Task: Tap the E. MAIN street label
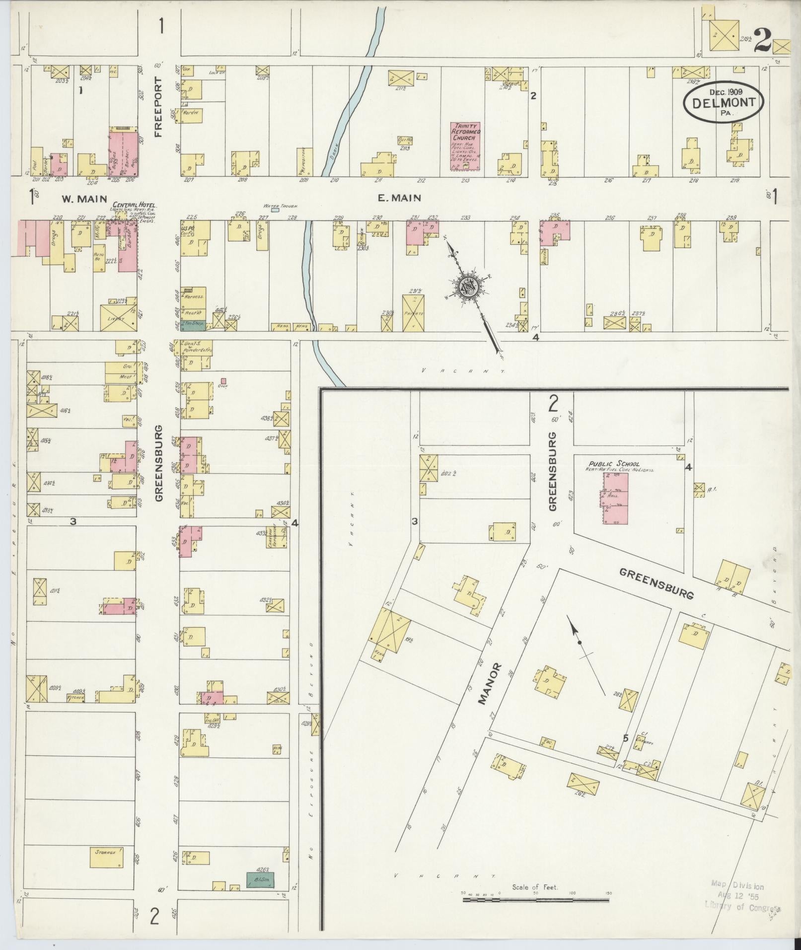coord(399,198)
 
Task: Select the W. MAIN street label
coord(84,199)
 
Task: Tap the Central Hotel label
coord(135,205)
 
